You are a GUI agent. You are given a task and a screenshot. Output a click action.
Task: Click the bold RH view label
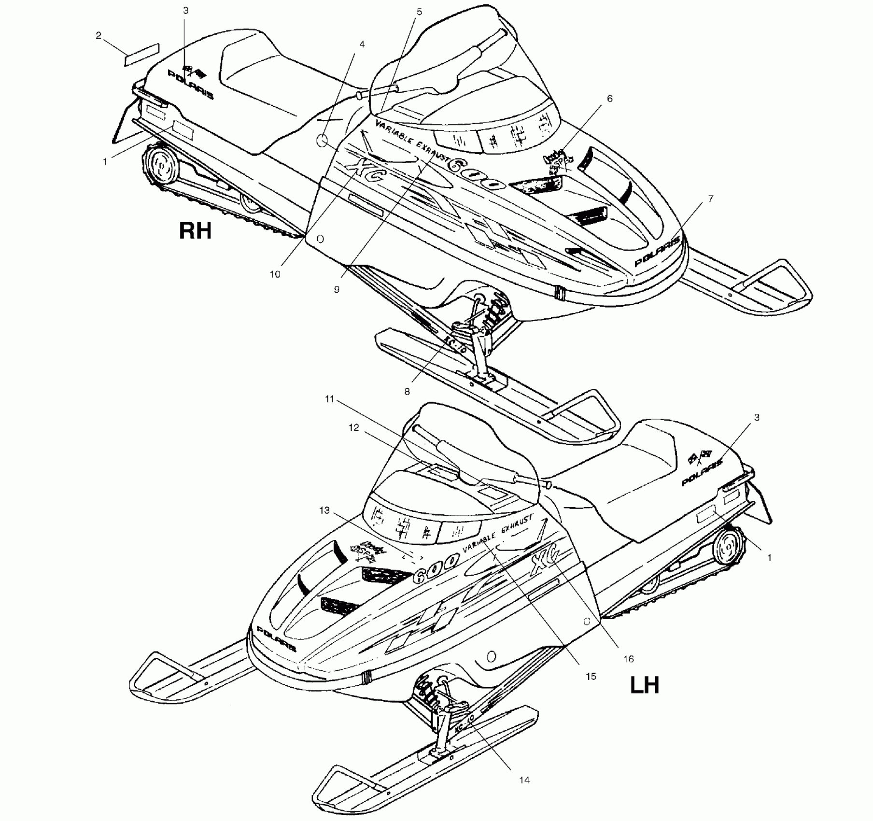coord(195,231)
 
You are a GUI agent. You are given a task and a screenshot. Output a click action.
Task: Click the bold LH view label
coord(645,685)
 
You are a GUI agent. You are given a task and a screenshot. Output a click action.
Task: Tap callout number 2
coord(99,35)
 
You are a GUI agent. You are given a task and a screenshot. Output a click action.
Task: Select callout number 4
coord(362,44)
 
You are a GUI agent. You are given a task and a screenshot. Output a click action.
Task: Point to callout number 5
coord(419,12)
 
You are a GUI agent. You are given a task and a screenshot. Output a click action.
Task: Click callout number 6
coord(610,99)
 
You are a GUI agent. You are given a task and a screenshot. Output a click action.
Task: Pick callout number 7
coord(710,198)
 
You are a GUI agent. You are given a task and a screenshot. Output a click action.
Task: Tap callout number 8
coord(407,392)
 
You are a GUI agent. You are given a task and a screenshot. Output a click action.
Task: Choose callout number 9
coord(337,289)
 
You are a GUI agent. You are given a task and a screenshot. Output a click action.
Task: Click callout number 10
coord(275,274)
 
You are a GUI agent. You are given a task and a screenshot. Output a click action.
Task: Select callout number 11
coord(329,399)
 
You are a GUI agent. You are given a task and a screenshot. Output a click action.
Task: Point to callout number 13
coord(324,510)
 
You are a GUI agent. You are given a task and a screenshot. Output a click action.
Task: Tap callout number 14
coord(524,780)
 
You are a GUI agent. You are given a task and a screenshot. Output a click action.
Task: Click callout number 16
coord(628,659)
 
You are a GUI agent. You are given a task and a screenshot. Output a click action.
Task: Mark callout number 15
coord(591,677)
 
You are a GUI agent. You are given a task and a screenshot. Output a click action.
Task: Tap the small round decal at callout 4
coord(322,141)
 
